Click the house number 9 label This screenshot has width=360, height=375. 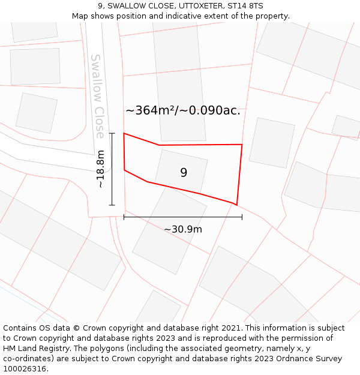click(184, 173)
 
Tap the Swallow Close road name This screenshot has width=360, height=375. click(98, 96)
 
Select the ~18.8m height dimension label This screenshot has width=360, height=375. click(101, 169)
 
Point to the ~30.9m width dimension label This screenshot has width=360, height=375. click(183, 229)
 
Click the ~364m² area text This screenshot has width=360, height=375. click(149, 110)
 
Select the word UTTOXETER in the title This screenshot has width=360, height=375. click(197, 6)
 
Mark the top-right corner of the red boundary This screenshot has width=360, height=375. click(242, 145)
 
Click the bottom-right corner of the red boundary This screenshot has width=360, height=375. click(236, 205)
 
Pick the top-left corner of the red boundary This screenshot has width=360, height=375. click(124, 133)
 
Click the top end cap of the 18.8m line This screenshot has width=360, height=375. click(112, 133)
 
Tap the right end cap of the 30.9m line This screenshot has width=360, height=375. click(242, 217)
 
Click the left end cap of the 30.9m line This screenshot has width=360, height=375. click(124, 217)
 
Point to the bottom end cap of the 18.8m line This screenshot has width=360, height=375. click(112, 205)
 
